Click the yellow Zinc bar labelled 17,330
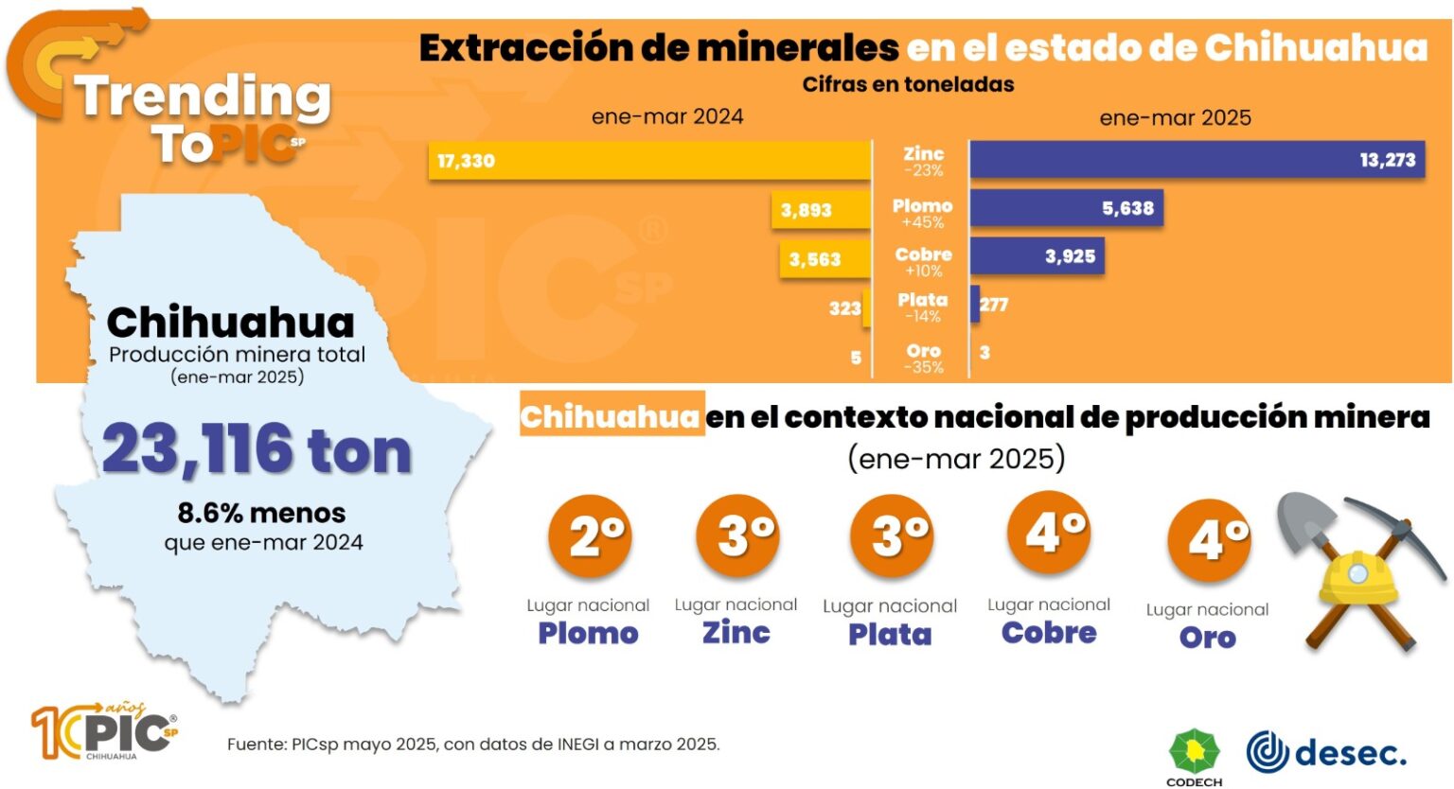coord(649,161)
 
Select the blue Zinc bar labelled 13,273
coord(1197,160)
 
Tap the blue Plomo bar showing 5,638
coord(1066,208)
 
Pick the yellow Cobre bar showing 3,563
coord(825,259)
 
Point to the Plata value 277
coord(994,305)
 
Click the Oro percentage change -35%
coord(923,367)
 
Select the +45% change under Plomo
coord(922,222)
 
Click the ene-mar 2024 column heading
coord(667,116)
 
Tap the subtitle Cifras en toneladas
coord(908,84)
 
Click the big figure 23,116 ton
coord(257,449)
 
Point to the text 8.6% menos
coord(261,513)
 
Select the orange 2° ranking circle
coord(589,535)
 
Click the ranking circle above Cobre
coord(1048,533)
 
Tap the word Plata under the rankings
coord(890,634)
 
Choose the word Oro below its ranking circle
coord(1207,638)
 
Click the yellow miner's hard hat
coord(1357,577)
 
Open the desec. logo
coord(1325,752)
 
